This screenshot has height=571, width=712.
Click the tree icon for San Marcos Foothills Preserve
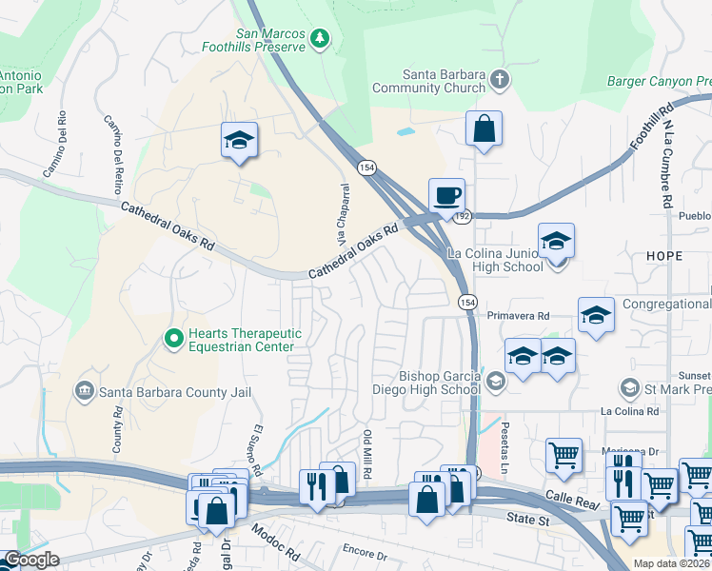322,38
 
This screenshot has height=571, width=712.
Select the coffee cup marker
446,196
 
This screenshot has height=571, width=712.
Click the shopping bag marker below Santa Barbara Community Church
484,129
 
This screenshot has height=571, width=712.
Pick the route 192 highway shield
462,216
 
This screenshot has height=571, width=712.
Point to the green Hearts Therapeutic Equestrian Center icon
173,338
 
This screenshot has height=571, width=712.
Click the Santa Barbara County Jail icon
84,390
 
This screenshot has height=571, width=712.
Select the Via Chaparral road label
334,210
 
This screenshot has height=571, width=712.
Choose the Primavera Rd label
518,315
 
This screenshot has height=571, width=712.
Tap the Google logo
31,560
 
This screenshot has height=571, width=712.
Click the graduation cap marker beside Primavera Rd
596,316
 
